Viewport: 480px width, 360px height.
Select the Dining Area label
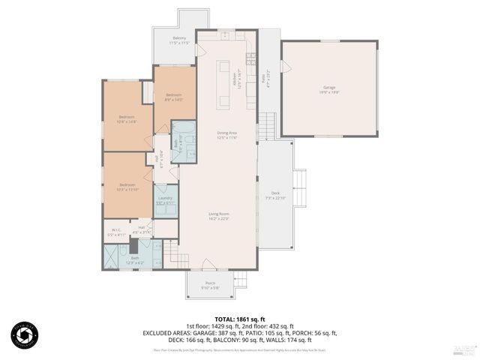pyautogui.click(x=227, y=135)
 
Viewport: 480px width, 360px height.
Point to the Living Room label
pyautogui.click(x=219, y=217)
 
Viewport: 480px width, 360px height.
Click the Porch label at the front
pyautogui.click(x=209, y=285)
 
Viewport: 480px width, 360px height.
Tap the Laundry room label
pyautogui.click(x=165, y=200)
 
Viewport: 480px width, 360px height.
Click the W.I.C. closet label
pyautogui.click(x=116, y=232)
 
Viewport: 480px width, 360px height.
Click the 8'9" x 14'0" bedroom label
pyautogui.click(x=174, y=97)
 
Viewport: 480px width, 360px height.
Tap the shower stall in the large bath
pyautogui.click(x=112, y=259)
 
